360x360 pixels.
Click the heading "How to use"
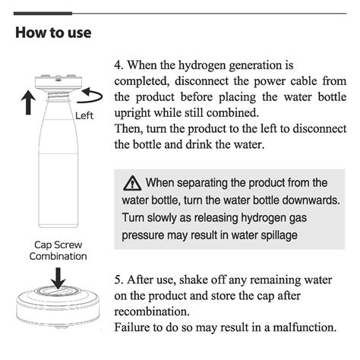(x=53, y=33)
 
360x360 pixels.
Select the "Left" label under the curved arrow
(x=85, y=115)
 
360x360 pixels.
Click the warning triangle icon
(x=133, y=183)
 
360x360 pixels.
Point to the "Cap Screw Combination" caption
(x=58, y=251)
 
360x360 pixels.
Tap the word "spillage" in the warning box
(x=277, y=235)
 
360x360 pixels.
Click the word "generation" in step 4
(x=261, y=66)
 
